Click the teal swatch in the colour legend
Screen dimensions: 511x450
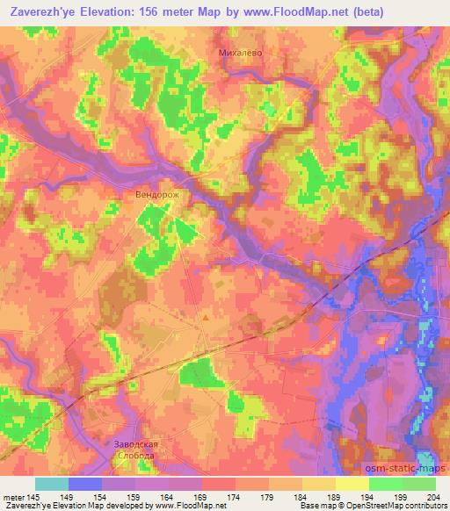[x=52, y=484]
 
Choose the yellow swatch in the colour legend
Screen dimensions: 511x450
[x=352, y=484]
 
